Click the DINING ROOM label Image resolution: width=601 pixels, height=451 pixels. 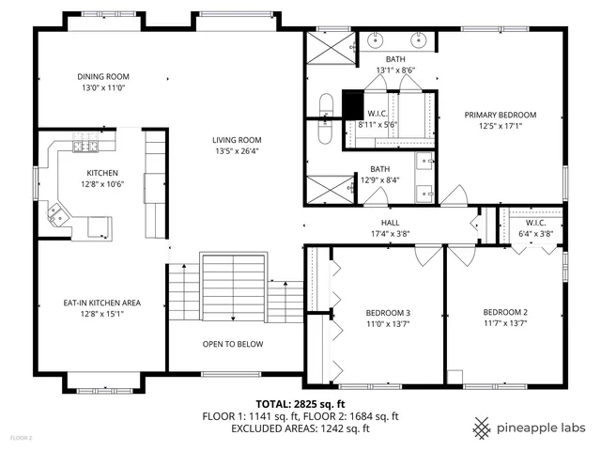103,77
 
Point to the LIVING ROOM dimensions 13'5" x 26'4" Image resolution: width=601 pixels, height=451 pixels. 236,149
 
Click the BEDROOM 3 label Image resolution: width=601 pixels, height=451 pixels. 388,313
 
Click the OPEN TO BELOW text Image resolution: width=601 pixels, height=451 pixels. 233,344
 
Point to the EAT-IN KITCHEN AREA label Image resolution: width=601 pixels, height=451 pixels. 102,303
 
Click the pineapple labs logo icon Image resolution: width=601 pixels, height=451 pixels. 482,428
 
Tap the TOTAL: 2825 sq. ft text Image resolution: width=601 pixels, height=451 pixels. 300,402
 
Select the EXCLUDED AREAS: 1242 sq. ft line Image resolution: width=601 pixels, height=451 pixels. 300,428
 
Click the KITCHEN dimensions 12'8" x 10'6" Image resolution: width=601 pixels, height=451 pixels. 101,183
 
